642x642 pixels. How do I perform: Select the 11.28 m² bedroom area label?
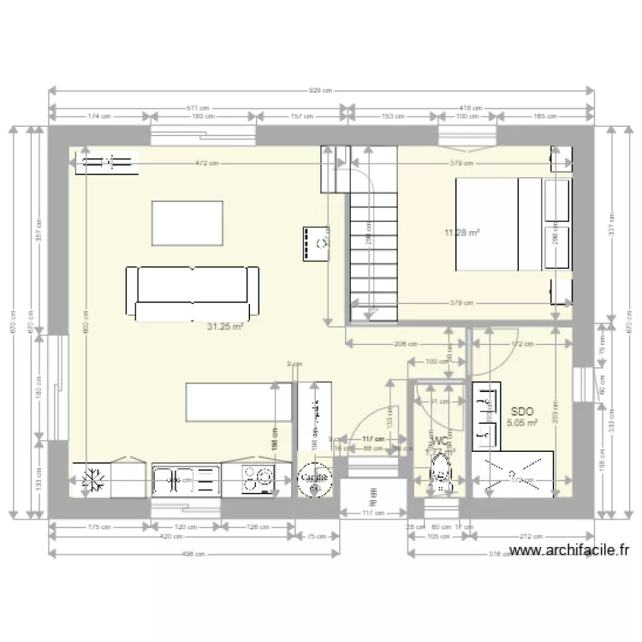tap(461, 232)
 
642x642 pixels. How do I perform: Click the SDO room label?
tap(521, 411)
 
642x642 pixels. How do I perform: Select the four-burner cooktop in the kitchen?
tap(258, 480)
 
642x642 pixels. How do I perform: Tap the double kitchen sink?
tap(185, 481)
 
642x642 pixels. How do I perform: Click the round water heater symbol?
tap(314, 480)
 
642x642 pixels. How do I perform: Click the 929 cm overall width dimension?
tap(321, 90)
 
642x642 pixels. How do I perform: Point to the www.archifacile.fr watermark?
tap(568, 552)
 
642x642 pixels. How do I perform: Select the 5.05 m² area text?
tap(521, 423)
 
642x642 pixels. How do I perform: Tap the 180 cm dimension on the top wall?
tap(204, 116)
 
